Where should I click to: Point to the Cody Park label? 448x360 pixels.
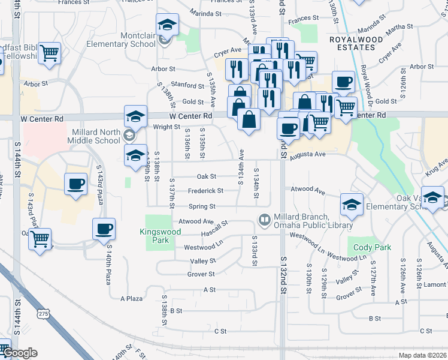[x=373, y=247]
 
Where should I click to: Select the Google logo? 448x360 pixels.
[x=20, y=353]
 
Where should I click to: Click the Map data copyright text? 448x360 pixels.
[x=422, y=355]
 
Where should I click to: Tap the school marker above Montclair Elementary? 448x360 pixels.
[x=167, y=25]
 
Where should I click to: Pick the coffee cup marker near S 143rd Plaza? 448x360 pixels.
[x=76, y=184]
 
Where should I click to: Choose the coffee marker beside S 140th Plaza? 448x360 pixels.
[x=104, y=229]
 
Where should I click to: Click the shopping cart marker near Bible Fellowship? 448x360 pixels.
[x=50, y=53]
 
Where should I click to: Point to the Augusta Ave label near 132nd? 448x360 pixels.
[x=307, y=155]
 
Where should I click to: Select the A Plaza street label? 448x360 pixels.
[x=131, y=298]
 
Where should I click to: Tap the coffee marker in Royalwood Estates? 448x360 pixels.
[x=343, y=81]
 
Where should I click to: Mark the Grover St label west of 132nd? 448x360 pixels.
[x=201, y=274]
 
